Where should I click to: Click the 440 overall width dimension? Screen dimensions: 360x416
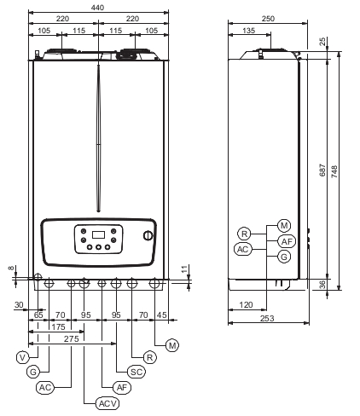click(x=97, y=8)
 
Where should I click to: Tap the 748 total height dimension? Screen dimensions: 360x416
click(x=334, y=171)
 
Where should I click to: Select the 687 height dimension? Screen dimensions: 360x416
click(x=322, y=170)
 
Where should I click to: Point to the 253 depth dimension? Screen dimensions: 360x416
click(x=267, y=318)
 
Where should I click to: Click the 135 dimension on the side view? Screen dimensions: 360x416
click(x=249, y=31)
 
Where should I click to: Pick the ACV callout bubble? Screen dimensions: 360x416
click(x=107, y=403)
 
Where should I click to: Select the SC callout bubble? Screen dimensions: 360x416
click(x=136, y=372)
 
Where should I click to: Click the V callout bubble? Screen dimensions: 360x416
click(x=23, y=357)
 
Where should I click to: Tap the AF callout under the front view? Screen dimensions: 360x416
click(x=122, y=387)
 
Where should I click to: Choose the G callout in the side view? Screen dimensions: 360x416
click(x=284, y=257)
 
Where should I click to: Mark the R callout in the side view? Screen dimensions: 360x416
click(x=244, y=234)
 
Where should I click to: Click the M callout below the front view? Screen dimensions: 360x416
click(x=172, y=345)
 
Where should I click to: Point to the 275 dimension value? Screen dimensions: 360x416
click(x=71, y=338)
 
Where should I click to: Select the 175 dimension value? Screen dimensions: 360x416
click(x=58, y=326)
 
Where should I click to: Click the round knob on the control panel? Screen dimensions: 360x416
click(x=148, y=235)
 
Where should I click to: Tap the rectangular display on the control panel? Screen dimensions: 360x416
click(x=98, y=234)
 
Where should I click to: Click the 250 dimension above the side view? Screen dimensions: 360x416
click(x=268, y=19)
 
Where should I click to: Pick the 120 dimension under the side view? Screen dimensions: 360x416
click(x=246, y=305)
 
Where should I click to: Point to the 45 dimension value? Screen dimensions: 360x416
click(x=162, y=315)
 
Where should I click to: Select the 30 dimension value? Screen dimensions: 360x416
click(x=19, y=305)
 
